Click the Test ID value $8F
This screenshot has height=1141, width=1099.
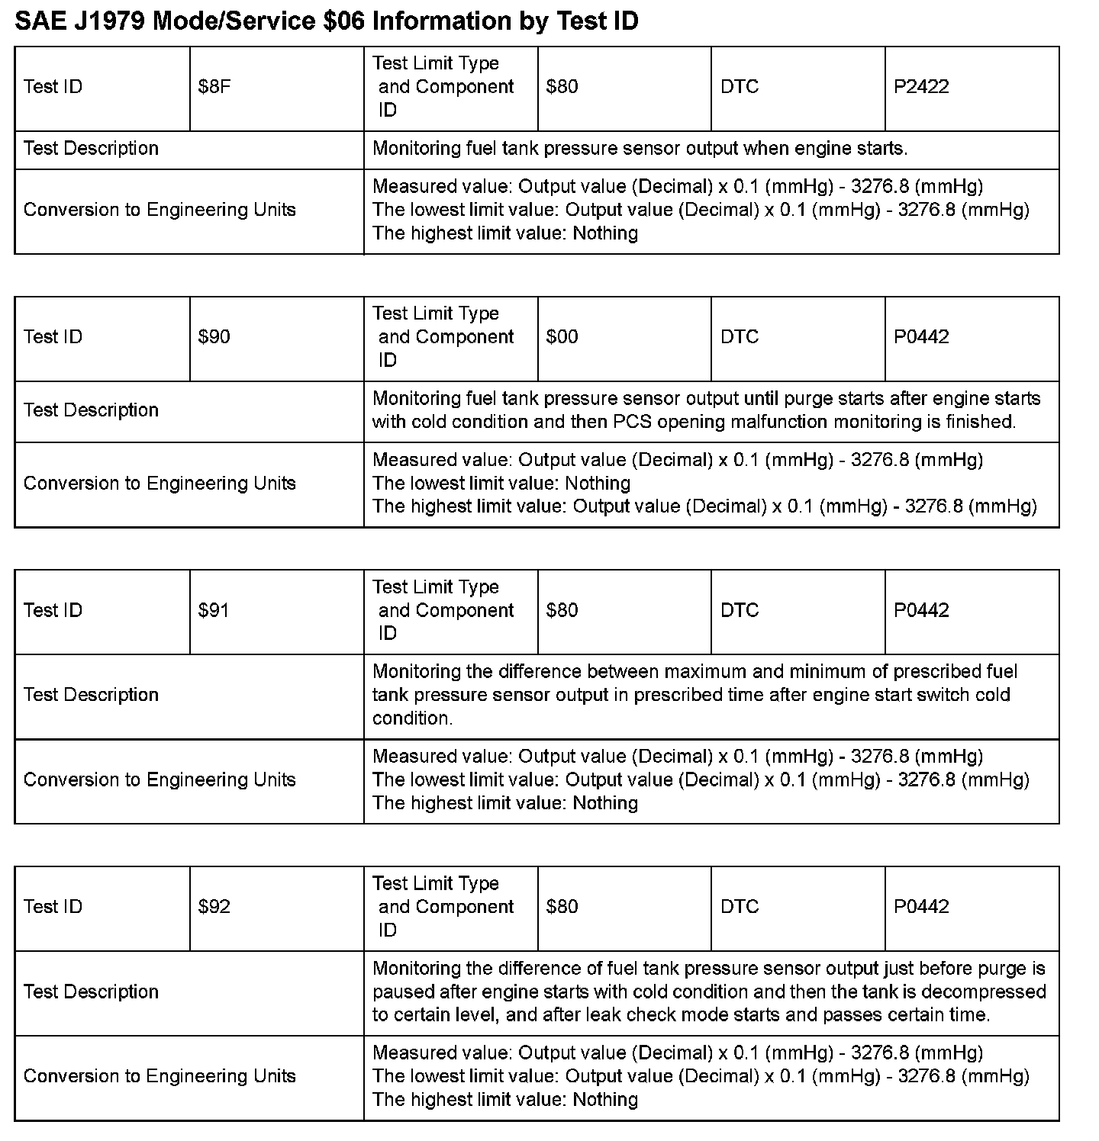tap(214, 87)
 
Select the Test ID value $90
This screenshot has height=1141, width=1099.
tap(214, 337)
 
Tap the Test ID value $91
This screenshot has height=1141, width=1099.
tap(214, 611)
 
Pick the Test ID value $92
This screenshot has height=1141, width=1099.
tap(214, 907)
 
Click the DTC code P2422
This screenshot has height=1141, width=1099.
tap(921, 87)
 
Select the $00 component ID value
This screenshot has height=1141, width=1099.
tap(562, 337)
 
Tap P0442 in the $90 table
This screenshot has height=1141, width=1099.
tap(921, 337)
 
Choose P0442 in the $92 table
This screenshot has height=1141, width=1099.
tap(921, 907)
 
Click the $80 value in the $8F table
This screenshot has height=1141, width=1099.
tap(562, 87)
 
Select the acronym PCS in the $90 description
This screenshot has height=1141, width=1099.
tap(631, 422)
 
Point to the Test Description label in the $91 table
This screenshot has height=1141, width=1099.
tap(91, 695)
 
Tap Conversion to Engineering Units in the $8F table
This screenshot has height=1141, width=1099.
tap(160, 210)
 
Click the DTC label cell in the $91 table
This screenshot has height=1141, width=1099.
tap(740, 611)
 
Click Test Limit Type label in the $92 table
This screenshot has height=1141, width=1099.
tap(436, 884)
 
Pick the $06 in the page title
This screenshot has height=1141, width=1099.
tap(346, 21)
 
